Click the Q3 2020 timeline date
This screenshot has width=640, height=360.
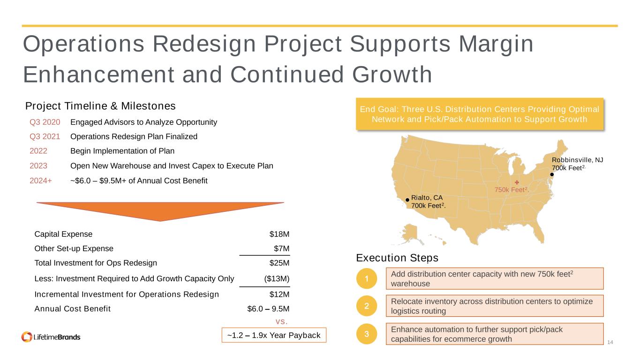coord(45,122)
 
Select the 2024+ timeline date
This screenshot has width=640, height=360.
coord(41,181)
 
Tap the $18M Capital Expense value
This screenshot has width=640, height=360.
coord(279,234)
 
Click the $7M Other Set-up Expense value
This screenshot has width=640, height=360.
coord(281,248)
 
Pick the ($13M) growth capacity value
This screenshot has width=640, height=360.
coord(277,278)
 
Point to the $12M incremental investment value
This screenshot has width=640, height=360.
coord(279,294)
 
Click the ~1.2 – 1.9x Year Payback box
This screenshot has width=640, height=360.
coord(274,335)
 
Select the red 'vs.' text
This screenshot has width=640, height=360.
coord(281,322)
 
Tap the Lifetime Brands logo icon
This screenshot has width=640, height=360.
coord(27,337)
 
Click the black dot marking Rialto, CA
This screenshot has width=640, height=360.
coord(407,200)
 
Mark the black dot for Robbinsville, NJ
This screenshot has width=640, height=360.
coord(552,174)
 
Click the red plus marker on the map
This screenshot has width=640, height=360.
coord(517,182)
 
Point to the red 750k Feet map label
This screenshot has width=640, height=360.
coord(512,190)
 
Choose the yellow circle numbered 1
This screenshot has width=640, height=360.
coord(367,278)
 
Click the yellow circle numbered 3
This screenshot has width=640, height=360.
coord(367,334)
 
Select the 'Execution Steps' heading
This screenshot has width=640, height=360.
coord(397,258)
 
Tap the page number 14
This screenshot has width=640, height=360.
coord(610,342)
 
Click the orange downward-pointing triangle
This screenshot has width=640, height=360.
coord(160,210)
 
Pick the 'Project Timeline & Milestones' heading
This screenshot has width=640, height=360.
coord(100,106)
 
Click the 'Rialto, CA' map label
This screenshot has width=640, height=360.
coord(427,198)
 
